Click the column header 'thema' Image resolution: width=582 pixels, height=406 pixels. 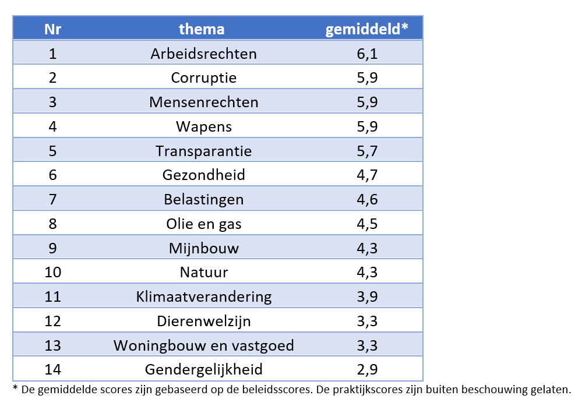tap(202, 29)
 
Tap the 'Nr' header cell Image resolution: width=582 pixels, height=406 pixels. tap(53, 29)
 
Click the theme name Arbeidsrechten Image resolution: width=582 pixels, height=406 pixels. tap(203, 54)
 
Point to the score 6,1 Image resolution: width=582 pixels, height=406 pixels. tap(367, 54)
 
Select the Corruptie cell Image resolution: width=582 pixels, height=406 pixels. tap(203, 78)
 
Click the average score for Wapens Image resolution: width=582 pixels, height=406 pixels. tap(367, 126)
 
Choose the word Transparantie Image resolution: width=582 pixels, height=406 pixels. tap(203, 151)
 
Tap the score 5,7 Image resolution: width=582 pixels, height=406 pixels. tap(367, 151)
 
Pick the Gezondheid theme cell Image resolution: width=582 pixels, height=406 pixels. tap(203, 175)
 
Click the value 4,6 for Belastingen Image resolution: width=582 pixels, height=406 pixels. tap(367, 199)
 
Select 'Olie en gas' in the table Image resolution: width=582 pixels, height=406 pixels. tap(203, 224)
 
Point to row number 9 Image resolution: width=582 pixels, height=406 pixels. tap(53, 248)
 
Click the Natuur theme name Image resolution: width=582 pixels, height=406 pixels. tap(203, 272)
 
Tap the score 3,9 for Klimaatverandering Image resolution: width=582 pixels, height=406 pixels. tap(367, 296)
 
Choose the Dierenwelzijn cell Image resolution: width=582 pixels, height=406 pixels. tap(203, 321)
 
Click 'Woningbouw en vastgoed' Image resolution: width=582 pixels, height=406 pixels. tap(203, 345)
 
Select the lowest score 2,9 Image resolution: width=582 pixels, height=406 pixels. tap(367, 369)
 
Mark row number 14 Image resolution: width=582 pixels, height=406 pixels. tap(53, 369)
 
